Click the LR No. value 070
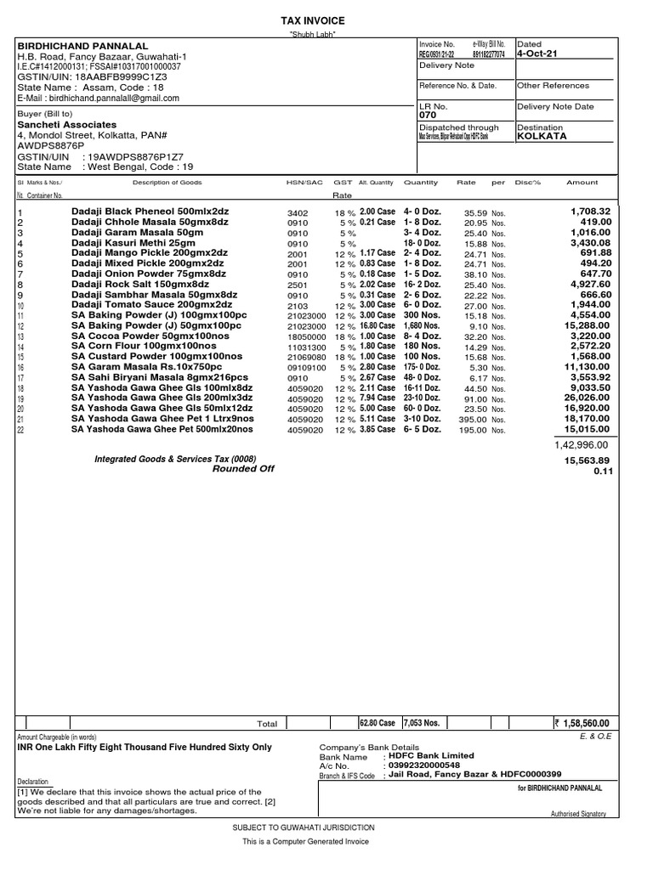click(x=428, y=115)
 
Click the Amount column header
click(x=582, y=183)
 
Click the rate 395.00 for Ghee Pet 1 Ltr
click(x=473, y=419)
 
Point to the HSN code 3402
click(x=298, y=212)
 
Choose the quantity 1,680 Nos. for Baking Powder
click(x=423, y=325)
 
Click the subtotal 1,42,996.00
click(x=582, y=444)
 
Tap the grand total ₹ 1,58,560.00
click(x=587, y=723)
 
